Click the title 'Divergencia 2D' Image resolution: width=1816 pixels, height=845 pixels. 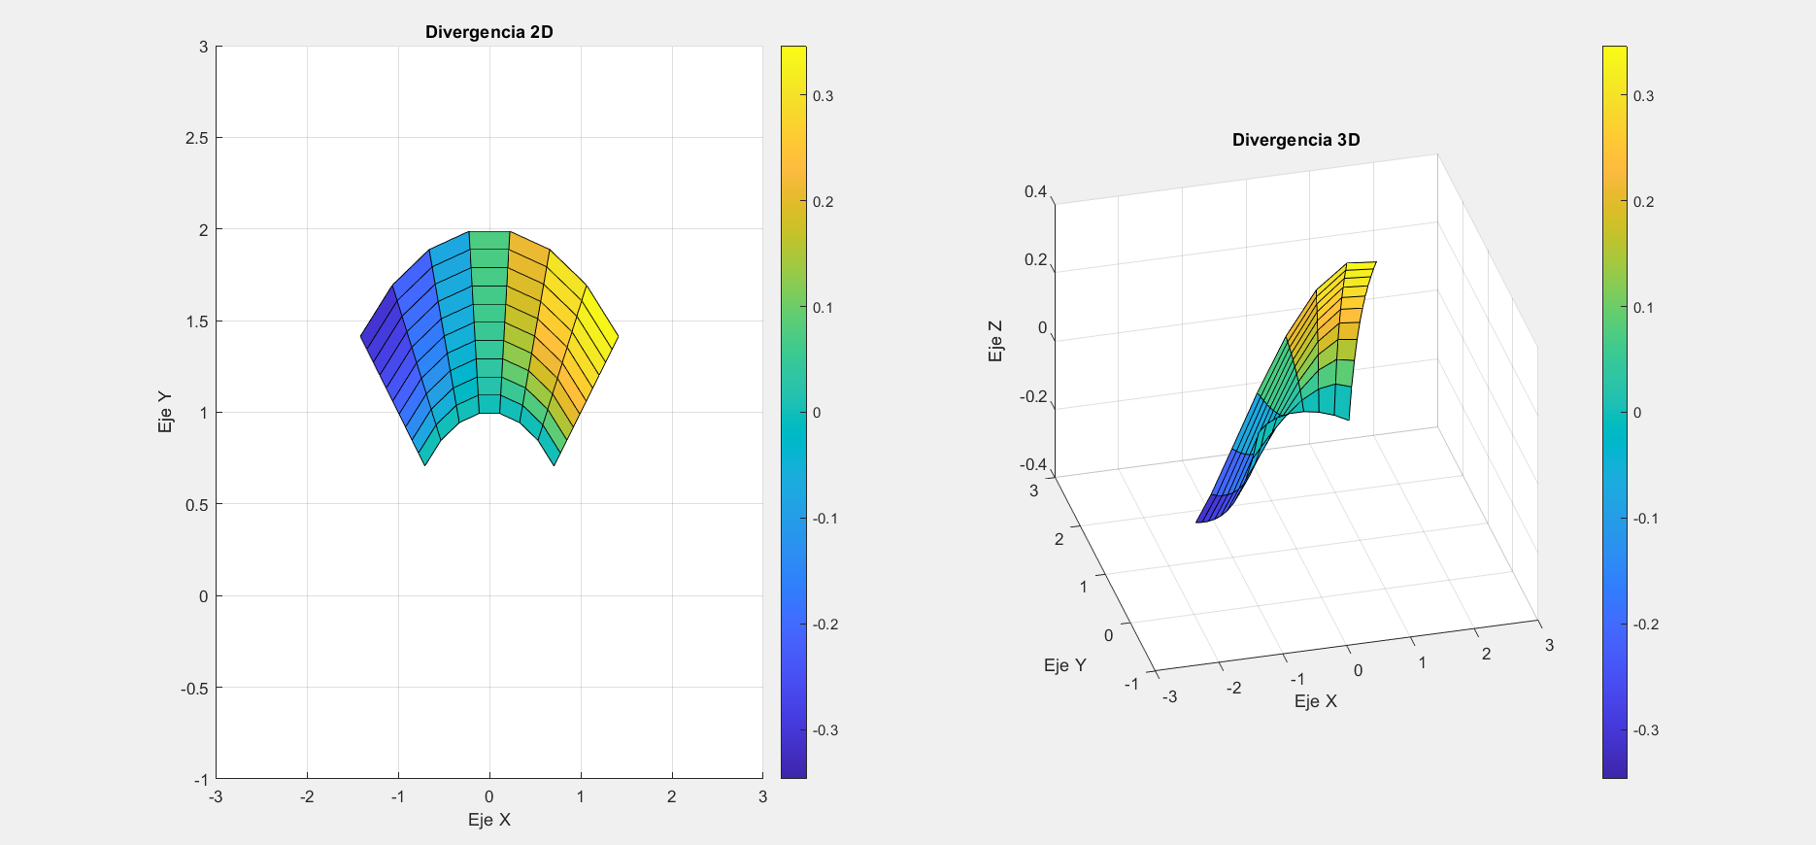click(x=488, y=32)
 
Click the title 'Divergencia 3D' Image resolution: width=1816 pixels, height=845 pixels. click(x=1295, y=140)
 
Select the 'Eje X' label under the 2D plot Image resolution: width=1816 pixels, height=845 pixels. click(x=488, y=820)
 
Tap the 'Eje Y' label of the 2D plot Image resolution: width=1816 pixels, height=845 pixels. click(x=165, y=412)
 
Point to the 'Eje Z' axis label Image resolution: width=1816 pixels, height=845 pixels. click(x=995, y=341)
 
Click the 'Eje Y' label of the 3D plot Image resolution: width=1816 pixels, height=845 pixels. click(x=1064, y=665)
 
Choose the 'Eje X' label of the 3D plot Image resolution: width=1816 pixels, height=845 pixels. click(x=1315, y=701)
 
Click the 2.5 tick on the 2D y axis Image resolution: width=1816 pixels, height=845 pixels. click(x=197, y=138)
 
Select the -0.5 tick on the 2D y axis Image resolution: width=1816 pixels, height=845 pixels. click(x=195, y=688)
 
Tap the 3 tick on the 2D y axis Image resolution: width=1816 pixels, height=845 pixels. click(x=203, y=47)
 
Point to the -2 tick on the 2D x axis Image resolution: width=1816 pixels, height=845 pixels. click(x=306, y=796)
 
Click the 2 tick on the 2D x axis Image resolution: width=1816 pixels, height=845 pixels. click(x=672, y=796)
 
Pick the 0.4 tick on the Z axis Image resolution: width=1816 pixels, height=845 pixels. click(x=1035, y=191)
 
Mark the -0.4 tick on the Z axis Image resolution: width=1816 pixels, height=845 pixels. click(x=1033, y=464)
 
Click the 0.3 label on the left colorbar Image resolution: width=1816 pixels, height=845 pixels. click(x=823, y=96)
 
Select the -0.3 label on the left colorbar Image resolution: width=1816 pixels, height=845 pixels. click(x=824, y=730)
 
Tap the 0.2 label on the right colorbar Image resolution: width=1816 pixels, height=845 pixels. click(x=1643, y=202)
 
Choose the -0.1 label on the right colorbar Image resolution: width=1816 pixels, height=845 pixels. click(x=1645, y=519)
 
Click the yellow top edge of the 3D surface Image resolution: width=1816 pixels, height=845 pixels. click(x=1362, y=263)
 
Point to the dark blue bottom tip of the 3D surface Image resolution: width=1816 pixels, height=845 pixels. click(x=1204, y=520)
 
